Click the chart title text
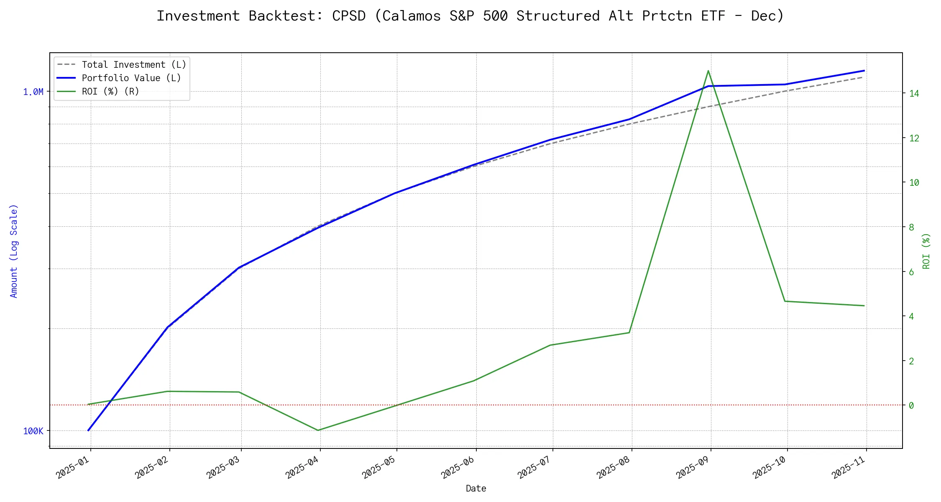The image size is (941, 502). (x=470, y=16)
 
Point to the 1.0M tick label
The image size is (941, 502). (x=33, y=92)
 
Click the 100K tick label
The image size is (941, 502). (x=33, y=431)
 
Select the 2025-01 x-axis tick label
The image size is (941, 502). (x=74, y=467)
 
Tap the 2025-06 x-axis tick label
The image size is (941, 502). (x=458, y=467)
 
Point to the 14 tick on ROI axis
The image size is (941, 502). (x=914, y=94)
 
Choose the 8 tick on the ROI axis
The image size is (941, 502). (x=911, y=228)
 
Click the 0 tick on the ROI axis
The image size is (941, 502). (x=911, y=405)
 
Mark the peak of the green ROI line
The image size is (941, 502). (x=708, y=71)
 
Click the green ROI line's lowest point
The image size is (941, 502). (x=318, y=430)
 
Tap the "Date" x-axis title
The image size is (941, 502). (x=476, y=489)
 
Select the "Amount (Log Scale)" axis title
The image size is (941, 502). (x=14, y=251)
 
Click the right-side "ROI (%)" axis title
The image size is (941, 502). (x=926, y=251)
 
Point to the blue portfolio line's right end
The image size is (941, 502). (x=864, y=71)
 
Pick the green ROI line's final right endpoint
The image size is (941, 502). (x=864, y=306)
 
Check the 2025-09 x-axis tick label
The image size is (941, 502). (x=693, y=467)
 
